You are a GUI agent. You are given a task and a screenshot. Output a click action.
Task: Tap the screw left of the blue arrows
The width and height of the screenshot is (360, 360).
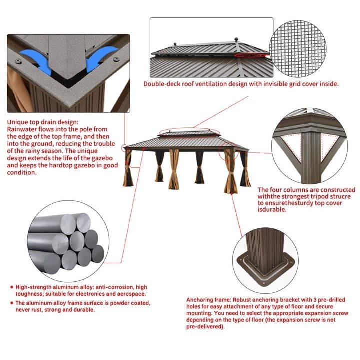click(18, 61)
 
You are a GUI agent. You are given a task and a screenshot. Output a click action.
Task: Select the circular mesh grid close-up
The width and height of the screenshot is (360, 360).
click(298, 49)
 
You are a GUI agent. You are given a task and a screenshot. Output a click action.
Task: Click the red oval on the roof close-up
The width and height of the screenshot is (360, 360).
click(252, 55)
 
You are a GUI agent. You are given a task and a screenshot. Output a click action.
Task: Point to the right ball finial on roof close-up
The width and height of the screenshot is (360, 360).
click(236, 39)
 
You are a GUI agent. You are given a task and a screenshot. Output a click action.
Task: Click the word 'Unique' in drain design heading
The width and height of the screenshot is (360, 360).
click(17, 122)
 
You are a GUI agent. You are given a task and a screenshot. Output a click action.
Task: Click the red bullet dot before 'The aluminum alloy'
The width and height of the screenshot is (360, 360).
click(12, 303)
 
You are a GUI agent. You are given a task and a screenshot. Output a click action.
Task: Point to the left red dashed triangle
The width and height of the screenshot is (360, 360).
click(291, 146)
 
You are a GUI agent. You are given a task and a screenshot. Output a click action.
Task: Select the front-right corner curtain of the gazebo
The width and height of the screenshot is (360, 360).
click(230, 171)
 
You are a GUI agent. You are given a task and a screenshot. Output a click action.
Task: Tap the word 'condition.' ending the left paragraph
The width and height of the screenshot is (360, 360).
click(22, 173)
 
